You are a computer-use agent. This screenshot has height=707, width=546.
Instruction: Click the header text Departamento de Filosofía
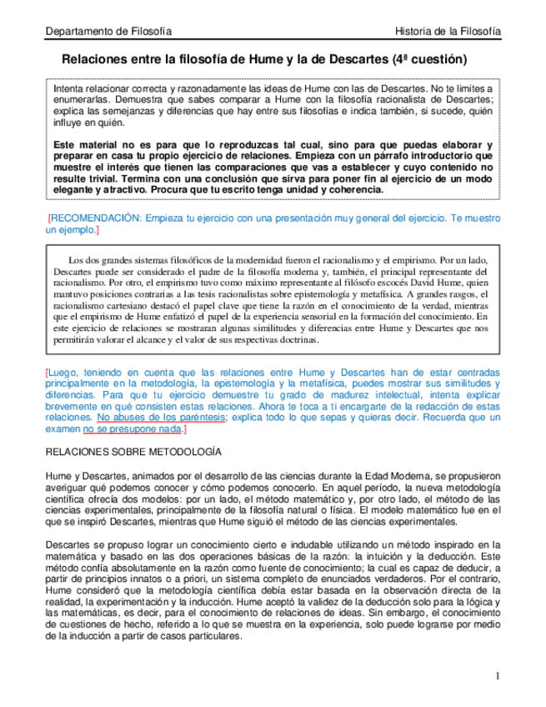pyautogui.click(x=108, y=31)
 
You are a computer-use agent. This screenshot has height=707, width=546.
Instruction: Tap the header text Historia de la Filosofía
pyautogui.click(x=449, y=31)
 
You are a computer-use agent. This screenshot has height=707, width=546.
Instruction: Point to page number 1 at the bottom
pyautogui.click(x=498, y=675)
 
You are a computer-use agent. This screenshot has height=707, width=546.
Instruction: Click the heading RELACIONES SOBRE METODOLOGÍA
pyautogui.click(x=133, y=452)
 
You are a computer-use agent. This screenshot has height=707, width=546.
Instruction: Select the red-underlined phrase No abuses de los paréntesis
pyautogui.click(x=160, y=416)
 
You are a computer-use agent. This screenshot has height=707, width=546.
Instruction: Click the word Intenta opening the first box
pyautogui.click(x=69, y=87)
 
